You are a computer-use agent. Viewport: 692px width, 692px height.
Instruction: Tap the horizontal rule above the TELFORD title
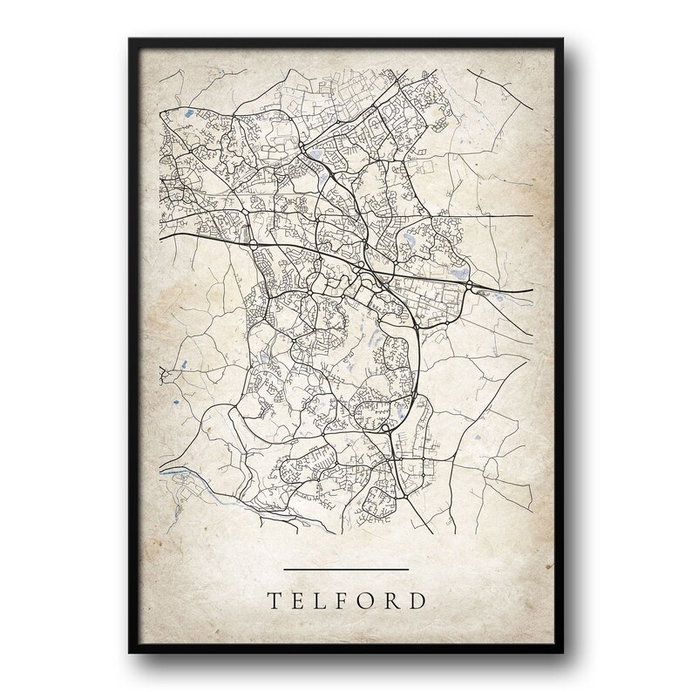coord(347,570)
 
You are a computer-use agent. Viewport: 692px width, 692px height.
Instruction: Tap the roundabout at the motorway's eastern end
coord(470,285)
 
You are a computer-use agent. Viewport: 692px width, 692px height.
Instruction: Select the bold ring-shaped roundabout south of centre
coord(384,428)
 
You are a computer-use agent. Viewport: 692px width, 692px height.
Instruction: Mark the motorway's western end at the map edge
coord(159,234)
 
